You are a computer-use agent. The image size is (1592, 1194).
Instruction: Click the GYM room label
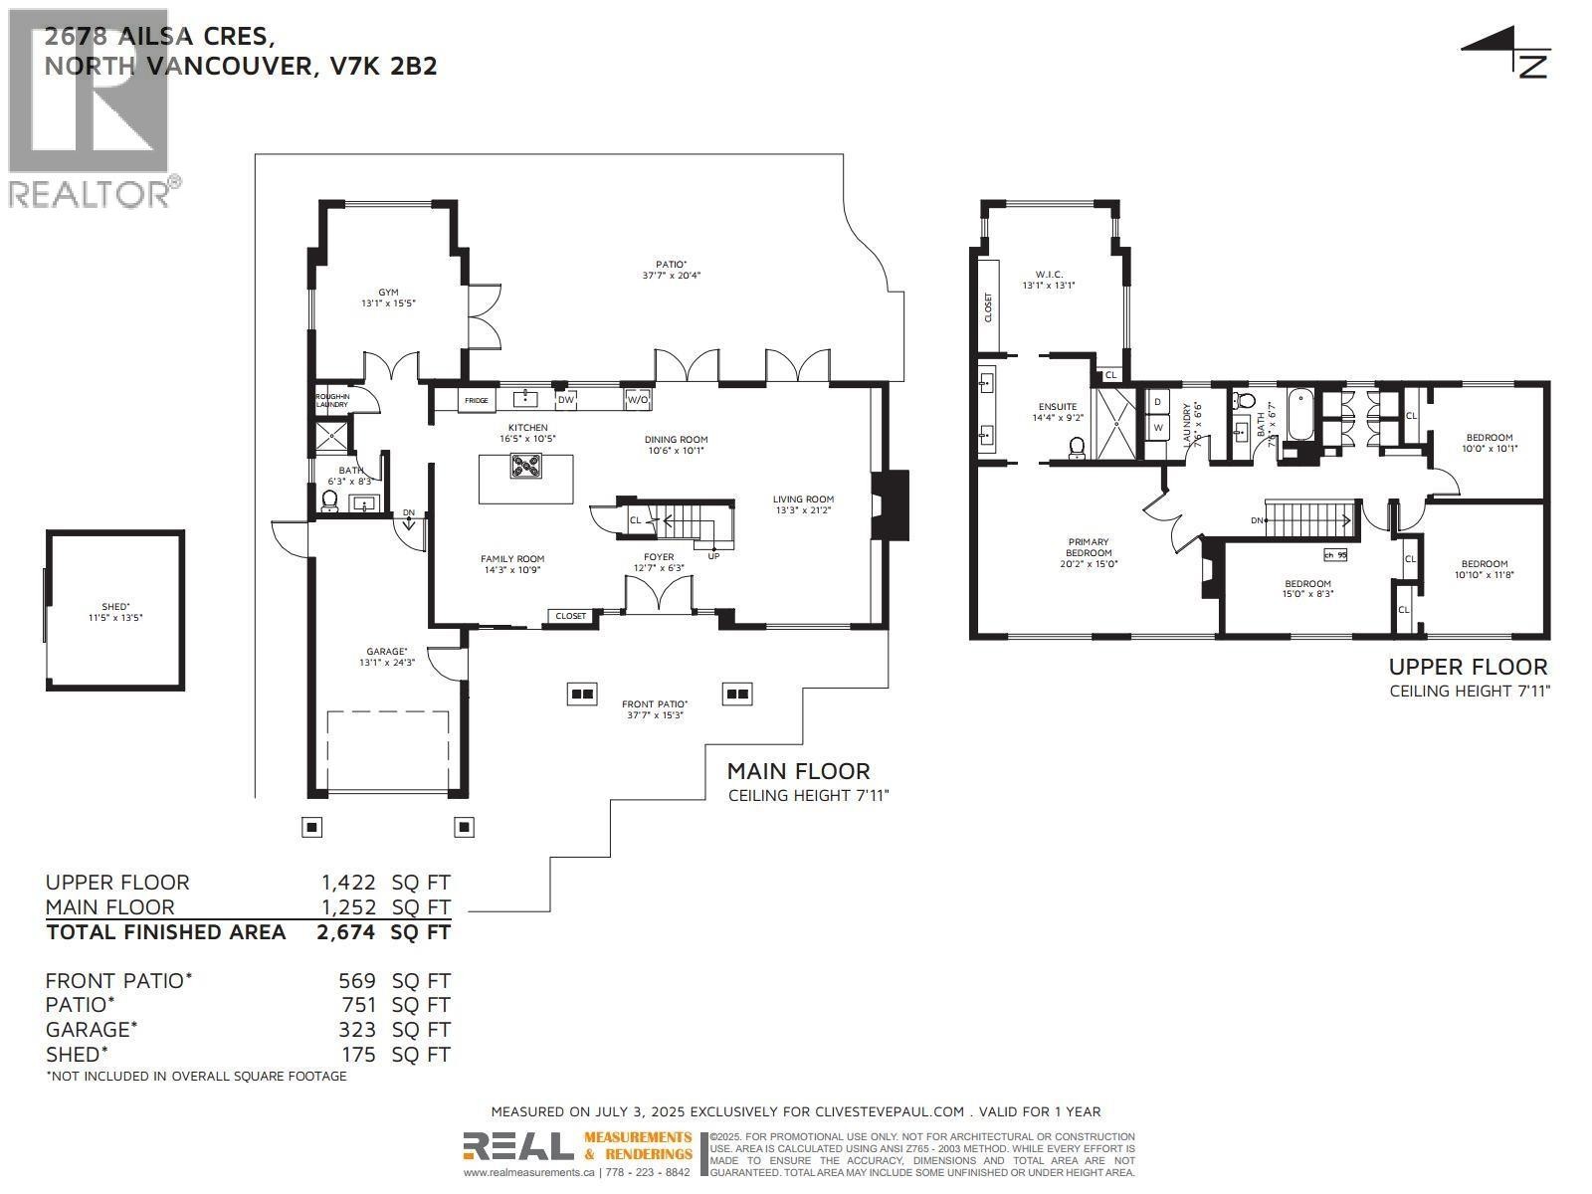click(387, 293)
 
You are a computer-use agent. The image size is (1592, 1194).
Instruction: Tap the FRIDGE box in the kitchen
click(477, 400)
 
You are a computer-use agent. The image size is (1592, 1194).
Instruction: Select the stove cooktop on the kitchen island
click(526, 465)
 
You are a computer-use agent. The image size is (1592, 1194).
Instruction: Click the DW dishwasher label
click(565, 400)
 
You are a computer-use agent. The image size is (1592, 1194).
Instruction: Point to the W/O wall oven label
click(637, 400)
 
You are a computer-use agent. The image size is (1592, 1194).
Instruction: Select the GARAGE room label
click(387, 651)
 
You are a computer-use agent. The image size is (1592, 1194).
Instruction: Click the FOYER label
click(658, 557)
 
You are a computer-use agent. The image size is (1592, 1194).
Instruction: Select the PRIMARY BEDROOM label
click(1088, 547)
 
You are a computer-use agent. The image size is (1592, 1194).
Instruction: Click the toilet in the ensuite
click(1077, 448)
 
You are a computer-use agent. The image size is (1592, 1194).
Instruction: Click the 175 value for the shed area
click(357, 1055)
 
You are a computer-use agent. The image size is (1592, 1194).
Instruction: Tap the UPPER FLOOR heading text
click(1468, 668)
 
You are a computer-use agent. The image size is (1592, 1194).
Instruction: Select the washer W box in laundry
click(1157, 428)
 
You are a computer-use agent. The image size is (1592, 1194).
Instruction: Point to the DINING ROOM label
click(677, 439)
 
